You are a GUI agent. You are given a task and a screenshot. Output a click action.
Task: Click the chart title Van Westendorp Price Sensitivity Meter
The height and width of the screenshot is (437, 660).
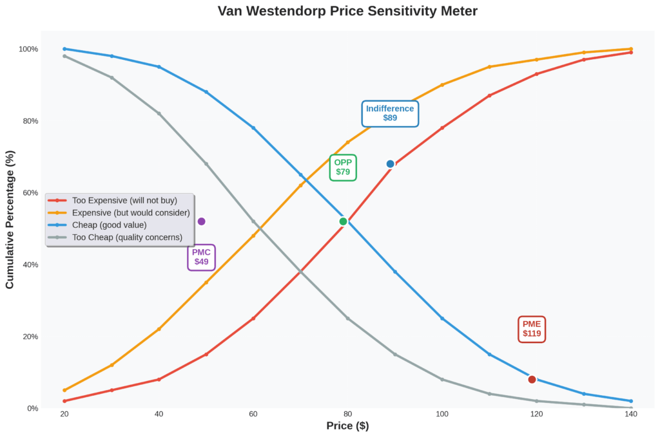point(347,11)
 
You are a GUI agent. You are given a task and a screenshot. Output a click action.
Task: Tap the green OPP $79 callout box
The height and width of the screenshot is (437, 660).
point(343,167)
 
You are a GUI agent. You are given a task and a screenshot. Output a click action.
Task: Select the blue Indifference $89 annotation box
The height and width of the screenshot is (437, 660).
point(390,113)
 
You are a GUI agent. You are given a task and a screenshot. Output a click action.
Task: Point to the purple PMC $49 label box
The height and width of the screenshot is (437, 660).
point(201,257)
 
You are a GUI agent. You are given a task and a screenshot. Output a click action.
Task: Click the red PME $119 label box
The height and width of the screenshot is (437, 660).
point(532,329)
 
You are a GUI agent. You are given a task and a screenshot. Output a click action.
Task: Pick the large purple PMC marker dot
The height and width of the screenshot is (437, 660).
point(201,221)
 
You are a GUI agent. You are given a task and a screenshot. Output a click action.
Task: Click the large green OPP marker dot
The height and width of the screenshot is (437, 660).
point(343,221)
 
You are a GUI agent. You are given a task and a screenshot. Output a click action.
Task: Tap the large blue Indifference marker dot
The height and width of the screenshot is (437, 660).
point(390,164)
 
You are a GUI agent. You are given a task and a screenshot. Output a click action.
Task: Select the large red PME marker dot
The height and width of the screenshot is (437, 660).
point(532,379)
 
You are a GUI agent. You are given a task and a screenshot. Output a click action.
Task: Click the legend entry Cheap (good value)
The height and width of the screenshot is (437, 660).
point(109,225)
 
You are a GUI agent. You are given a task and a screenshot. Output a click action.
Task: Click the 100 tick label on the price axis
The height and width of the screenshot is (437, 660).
point(442,414)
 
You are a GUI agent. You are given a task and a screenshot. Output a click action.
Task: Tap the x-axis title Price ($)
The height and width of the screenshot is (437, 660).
point(347,426)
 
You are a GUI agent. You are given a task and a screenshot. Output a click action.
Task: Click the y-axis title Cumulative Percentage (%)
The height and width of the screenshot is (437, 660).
point(10,219)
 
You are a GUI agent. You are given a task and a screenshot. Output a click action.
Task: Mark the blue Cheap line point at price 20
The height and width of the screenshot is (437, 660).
point(64,49)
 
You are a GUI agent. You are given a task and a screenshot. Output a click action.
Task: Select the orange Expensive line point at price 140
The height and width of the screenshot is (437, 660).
point(631,49)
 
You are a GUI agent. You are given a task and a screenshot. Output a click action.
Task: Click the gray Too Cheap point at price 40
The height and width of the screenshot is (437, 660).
point(159,113)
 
